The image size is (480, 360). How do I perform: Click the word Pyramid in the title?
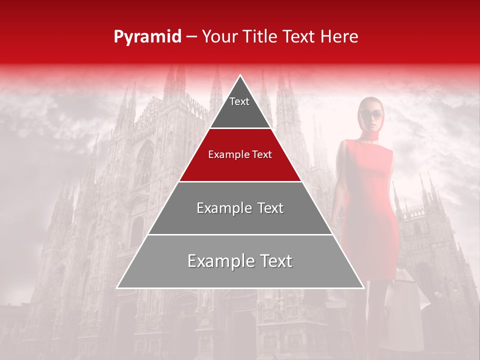(147, 37)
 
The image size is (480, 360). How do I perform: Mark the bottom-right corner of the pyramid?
(363, 287)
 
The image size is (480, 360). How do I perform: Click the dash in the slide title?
(191, 37)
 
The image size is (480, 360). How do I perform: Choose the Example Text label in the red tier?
(240, 154)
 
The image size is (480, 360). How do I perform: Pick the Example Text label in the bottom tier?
(240, 261)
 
